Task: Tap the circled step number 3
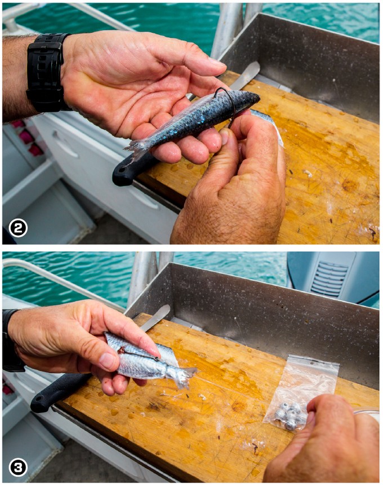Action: (x=18, y=468)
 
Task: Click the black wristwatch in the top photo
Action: (x=47, y=72)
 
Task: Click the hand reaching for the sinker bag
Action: (x=327, y=440)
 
